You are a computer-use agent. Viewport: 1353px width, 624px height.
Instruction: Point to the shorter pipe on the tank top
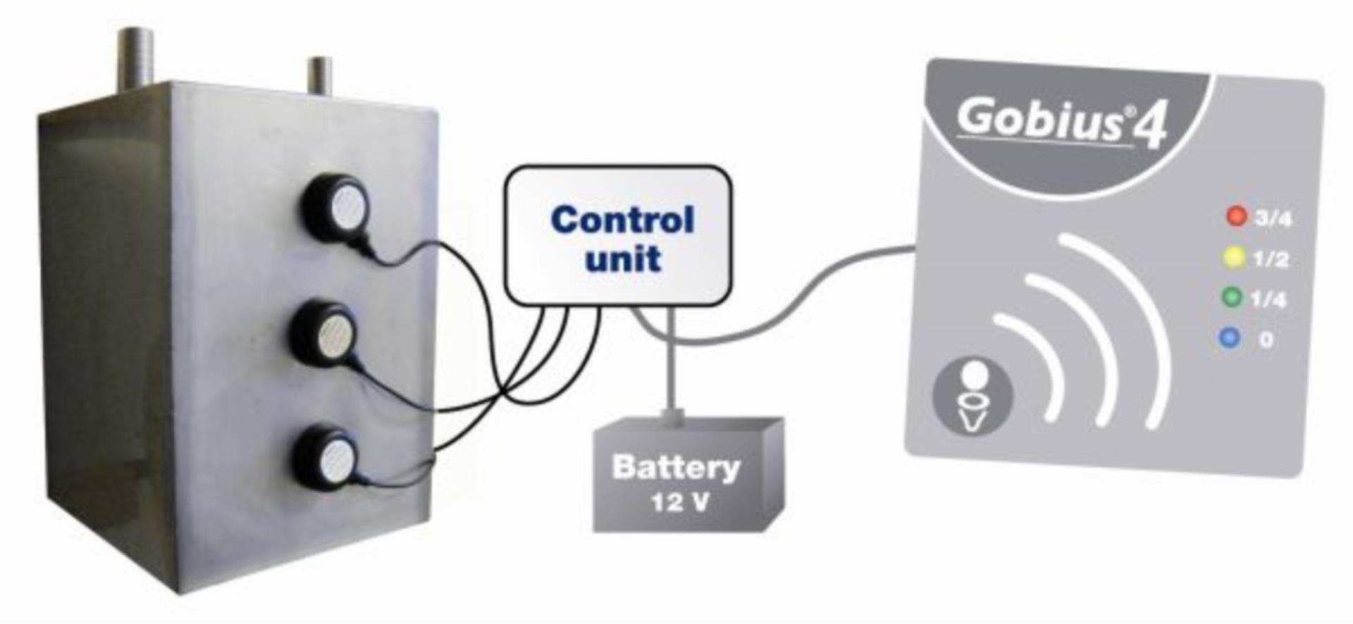[x=321, y=73]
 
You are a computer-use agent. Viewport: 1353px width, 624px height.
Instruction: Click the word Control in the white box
[x=622, y=220]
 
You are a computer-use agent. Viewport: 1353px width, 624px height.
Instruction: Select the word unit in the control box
[x=623, y=258]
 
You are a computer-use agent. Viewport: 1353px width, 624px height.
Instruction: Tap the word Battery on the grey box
[x=676, y=467]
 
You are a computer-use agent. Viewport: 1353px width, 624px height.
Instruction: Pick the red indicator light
[x=1236, y=216]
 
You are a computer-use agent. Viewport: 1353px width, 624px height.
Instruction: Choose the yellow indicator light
[x=1233, y=257]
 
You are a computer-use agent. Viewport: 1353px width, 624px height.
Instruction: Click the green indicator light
[x=1231, y=297]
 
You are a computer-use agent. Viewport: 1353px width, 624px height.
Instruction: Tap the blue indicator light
[x=1229, y=338]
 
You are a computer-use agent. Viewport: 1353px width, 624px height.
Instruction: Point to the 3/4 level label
[x=1273, y=219]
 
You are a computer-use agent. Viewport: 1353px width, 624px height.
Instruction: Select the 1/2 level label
[x=1271, y=260]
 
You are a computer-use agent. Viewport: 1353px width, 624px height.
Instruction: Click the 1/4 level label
[x=1268, y=300]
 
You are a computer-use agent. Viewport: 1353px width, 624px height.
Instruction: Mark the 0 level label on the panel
[x=1266, y=340]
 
